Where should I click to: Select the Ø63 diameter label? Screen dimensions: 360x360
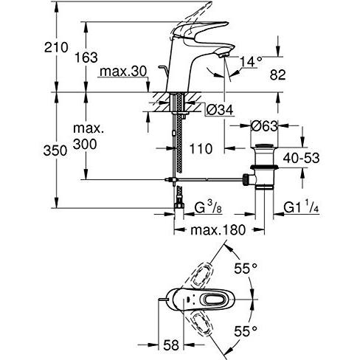[x=263, y=125]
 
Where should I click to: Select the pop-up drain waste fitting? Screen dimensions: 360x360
[x=263, y=166]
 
